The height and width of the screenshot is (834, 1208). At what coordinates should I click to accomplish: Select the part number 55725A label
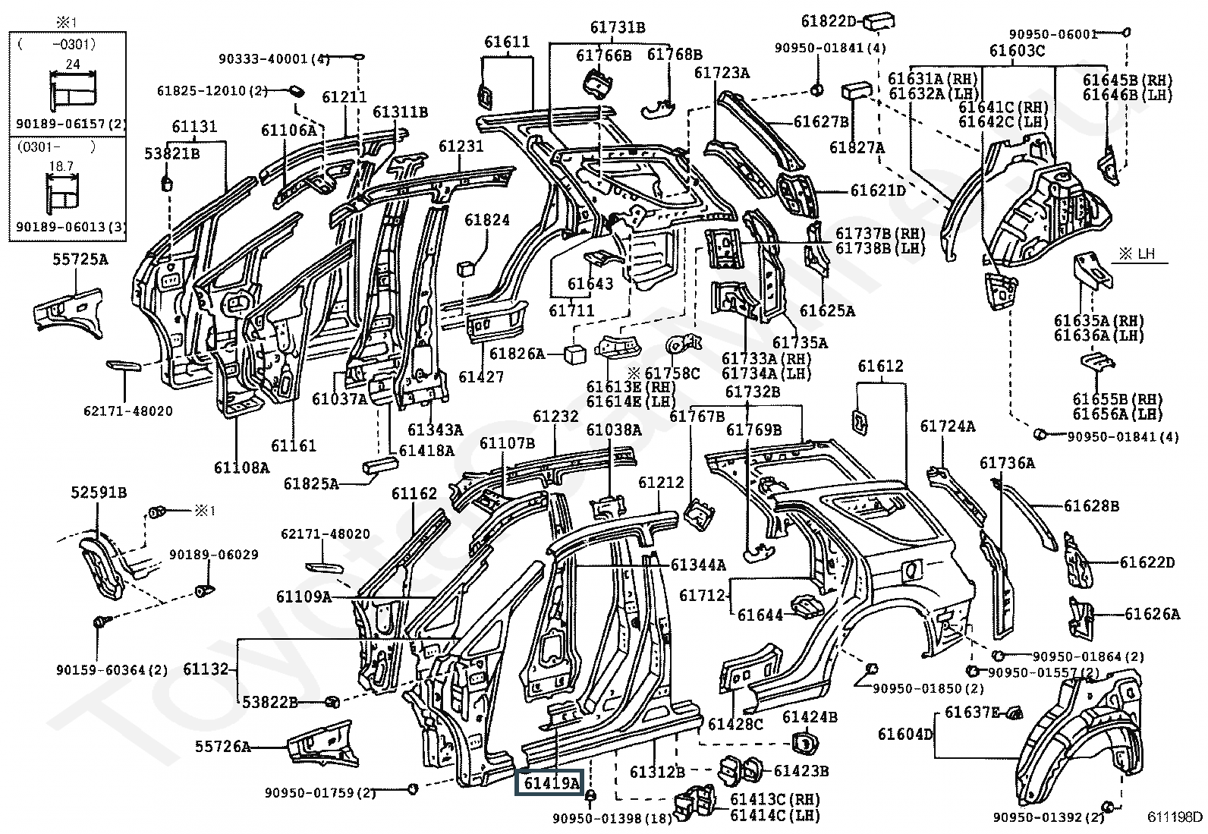pos(80,260)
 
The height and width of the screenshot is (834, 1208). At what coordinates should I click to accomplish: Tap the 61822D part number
pos(829,21)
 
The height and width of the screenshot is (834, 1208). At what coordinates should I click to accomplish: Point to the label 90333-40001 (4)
pos(274,58)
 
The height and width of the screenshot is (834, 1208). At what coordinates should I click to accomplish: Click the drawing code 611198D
pos(1174,817)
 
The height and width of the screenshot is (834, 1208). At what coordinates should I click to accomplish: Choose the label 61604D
pos(905,734)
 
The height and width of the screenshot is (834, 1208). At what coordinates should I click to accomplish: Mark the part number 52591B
pos(99,493)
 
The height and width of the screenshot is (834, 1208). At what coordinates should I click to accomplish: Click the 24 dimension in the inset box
pos(73,64)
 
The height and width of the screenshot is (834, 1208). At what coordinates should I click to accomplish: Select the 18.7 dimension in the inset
pos(61,166)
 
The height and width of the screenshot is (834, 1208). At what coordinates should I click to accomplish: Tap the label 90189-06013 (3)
pos(70,227)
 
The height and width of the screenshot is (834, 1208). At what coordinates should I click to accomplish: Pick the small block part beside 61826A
pos(574,354)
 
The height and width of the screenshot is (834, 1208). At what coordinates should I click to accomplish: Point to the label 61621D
pos(879,190)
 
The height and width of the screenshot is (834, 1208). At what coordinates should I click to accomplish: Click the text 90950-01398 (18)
pos(612,818)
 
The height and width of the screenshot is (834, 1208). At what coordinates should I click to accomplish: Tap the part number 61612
pos(880,367)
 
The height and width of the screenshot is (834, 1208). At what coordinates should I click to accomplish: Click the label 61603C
pos(1017,51)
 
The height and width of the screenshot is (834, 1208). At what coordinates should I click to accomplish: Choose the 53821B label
pos(172,154)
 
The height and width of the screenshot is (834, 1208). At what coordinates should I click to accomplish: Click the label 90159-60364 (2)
pos(112,670)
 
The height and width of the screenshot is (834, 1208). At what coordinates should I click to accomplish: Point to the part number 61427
pos(481,376)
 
